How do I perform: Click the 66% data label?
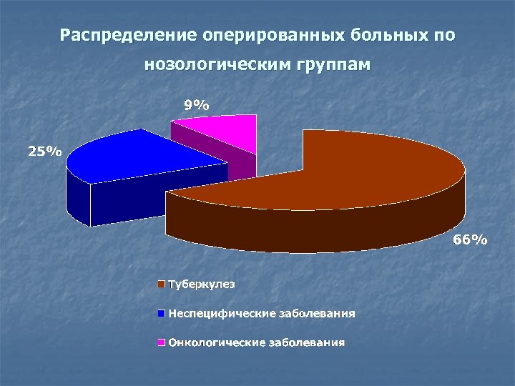[x=470, y=240]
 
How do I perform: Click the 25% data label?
[x=44, y=151]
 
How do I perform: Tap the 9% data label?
[x=196, y=105]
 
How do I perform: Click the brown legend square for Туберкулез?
[x=162, y=284]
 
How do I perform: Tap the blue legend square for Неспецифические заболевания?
[x=162, y=313]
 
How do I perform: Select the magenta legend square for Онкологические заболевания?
[x=162, y=342]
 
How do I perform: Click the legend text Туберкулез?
[x=201, y=284]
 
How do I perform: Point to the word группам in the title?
[x=333, y=65]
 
